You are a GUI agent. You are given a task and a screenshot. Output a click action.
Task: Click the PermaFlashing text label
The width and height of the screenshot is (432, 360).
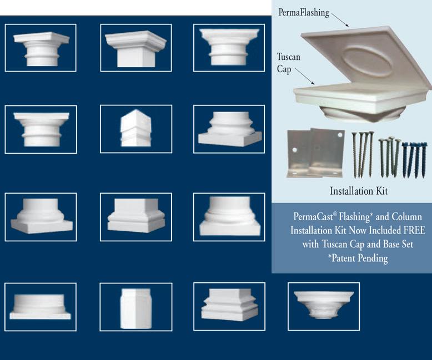click(304, 13)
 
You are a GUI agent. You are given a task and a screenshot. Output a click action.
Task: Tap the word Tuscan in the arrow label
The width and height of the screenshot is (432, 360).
click(288, 57)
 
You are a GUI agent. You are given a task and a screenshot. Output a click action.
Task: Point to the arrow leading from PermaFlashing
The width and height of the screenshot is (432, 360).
click(340, 19)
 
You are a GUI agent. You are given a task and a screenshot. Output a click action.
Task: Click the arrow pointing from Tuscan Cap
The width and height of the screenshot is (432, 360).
click(305, 76)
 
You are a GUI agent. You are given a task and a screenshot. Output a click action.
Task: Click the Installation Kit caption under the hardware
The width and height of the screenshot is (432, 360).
click(359, 191)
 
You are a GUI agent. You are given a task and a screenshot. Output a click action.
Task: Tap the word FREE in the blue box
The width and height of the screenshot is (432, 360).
click(414, 230)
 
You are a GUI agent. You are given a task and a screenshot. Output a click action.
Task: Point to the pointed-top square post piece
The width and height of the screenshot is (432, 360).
click(136, 128)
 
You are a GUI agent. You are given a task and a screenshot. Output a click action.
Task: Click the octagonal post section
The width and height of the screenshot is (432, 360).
click(136, 308)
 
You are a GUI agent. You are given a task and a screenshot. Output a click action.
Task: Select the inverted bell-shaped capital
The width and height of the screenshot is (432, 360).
click(324, 305)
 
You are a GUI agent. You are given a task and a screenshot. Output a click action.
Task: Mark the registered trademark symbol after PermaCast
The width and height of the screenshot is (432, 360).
click(335, 214)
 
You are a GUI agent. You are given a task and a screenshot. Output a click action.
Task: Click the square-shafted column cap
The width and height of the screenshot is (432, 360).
click(136, 49)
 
